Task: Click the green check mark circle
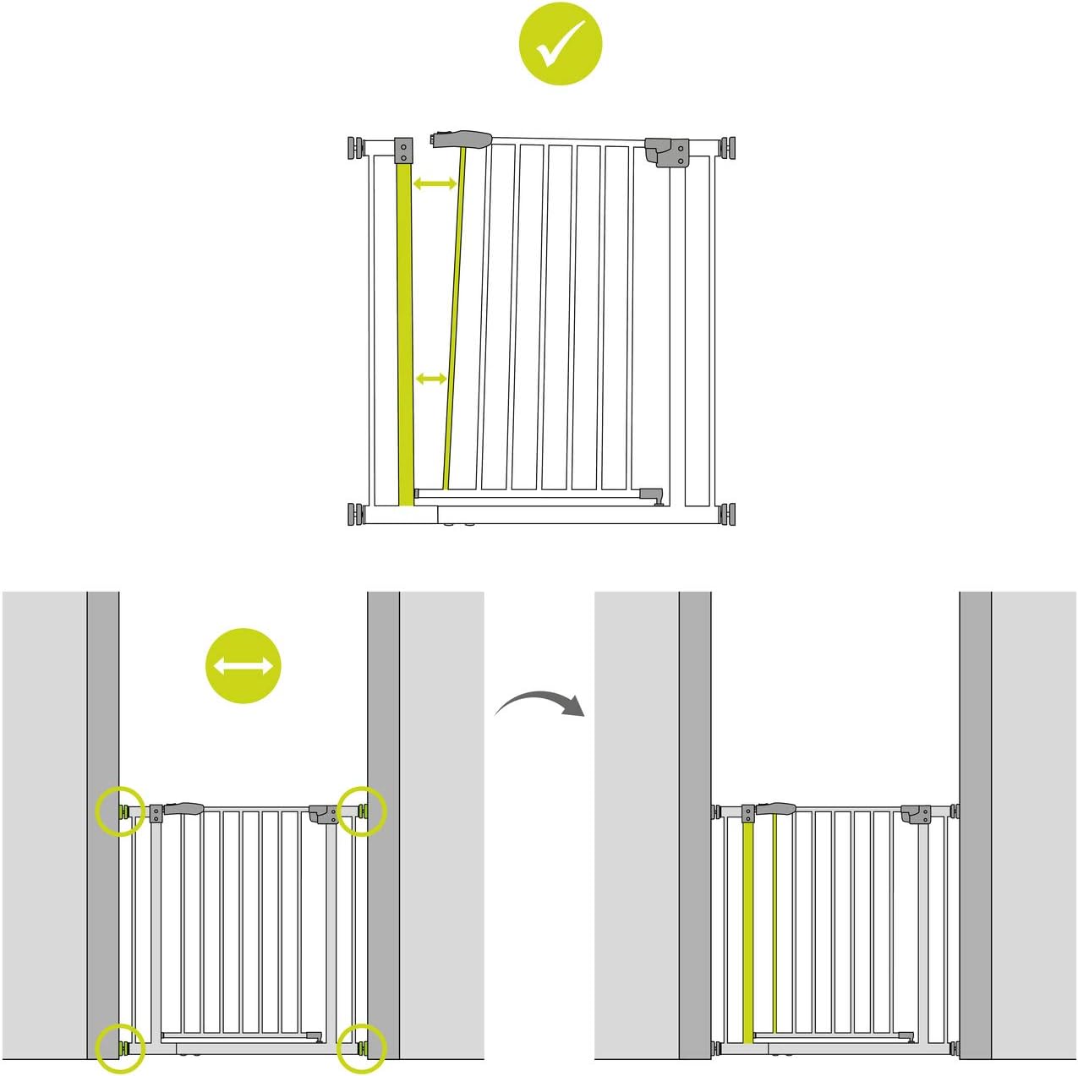(x=560, y=43)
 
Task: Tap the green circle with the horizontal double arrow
(x=244, y=666)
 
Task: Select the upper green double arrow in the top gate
(x=435, y=183)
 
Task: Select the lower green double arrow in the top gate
(x=432, y=380)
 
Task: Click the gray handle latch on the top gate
(x=462, y=139)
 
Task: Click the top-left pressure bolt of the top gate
(x=354, y=147)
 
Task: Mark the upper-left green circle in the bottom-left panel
(x=119, y=812)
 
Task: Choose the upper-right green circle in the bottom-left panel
(x=362, y=811)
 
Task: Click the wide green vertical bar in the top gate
(x=405, y=330)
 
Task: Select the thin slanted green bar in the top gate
(x=454, y=321)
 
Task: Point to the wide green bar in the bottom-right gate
(x=747, y=930)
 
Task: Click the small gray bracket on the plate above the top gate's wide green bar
(x=403, y=151)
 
